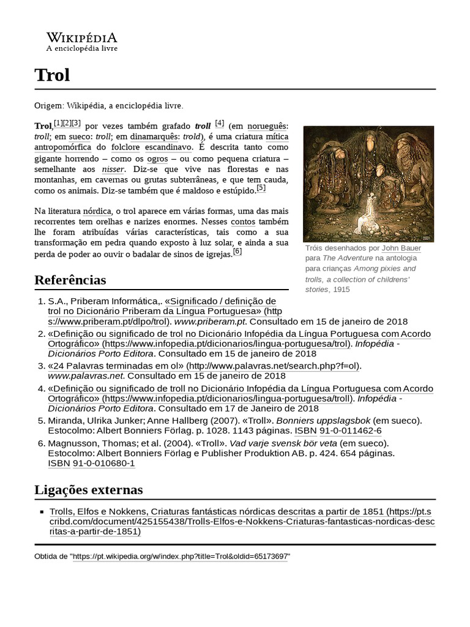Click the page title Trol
[x=53, y=75]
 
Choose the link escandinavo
[x=169, y=148]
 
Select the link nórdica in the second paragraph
[x=97, y=211]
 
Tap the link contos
[x=243, y=222]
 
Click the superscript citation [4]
[x=220, y=122]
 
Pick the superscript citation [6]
[x=237, y=251]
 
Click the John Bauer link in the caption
[x=401, y=248]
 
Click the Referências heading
[x=70, y=280]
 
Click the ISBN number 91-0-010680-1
[x=103, y=464]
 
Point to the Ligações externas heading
[x=89, y=490]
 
